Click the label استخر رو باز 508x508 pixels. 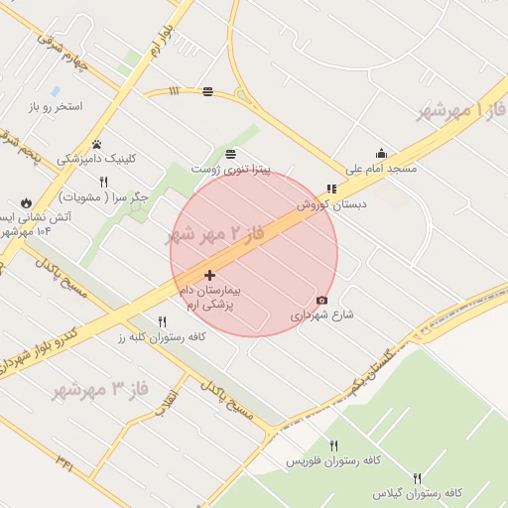(x=57, y=106)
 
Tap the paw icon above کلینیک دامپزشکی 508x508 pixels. (x=96, y=144)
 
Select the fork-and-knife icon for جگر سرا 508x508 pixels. (x=103, y=182)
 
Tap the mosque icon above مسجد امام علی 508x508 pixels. (x=381, y=153)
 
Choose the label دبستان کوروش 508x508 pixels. (x=331, y=203)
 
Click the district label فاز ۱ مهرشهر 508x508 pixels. (x=459, y=109)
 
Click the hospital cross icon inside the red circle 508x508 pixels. (x=209, y=275)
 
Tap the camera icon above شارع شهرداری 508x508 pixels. (x=321, y=300)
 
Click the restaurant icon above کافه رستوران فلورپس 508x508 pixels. (x=333, y=445)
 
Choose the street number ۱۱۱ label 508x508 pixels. (x=175, y=91)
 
